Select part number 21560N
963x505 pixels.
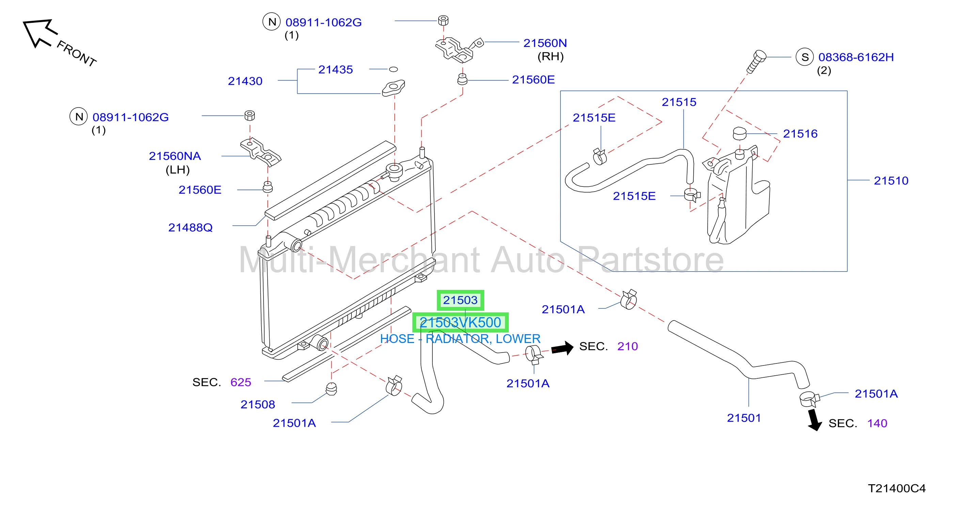(545, 43)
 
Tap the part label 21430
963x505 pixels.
(245, 81)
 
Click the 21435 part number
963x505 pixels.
(335, 69)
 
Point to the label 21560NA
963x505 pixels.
(175, 156)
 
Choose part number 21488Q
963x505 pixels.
(190, 227)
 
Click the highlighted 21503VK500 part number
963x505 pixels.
(460, 322)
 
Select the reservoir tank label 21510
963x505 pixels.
(891, 181)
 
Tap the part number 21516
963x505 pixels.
(800, 134)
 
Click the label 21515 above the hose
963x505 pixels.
(679, 102)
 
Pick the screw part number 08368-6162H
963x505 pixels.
(856, 57)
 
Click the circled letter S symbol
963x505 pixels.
(805, 57)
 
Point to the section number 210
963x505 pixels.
(627, 346)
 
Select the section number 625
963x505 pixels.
(240, 382)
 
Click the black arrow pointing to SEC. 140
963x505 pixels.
(814, 420)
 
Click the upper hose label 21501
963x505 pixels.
(744, 418)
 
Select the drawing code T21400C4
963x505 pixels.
(897, 488)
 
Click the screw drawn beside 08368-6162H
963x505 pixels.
(756, 62)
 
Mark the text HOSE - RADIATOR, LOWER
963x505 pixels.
(460, 339)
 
